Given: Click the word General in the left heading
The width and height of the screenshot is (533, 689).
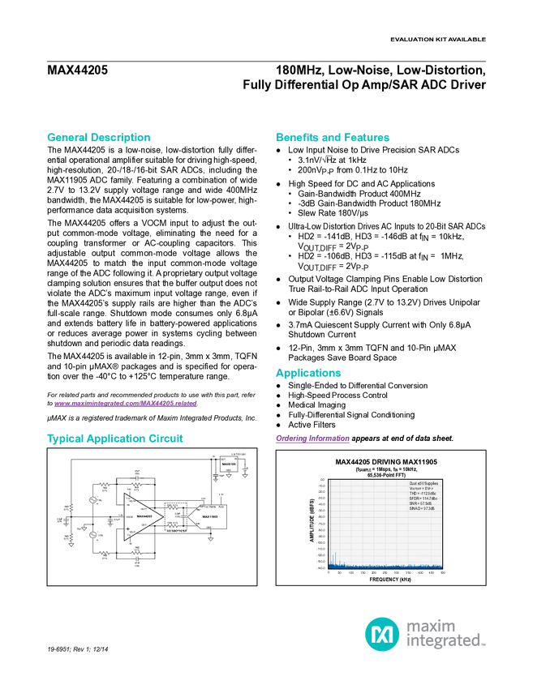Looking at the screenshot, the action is (x=66, y=138).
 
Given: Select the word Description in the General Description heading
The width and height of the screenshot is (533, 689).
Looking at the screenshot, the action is (x=121, y=138).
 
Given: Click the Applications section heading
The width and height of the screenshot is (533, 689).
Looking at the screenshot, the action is (x=308, y=374).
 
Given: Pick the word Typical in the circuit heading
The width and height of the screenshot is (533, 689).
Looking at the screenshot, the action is (x=61, y=439).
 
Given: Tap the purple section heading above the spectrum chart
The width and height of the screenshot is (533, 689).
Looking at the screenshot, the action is (x=312, y=439).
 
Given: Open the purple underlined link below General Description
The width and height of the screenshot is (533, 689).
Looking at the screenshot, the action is (x=126, y=403).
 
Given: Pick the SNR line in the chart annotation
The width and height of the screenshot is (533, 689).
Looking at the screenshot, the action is (x=420, y=503).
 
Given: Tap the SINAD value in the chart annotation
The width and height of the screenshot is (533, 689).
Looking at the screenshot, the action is (x=422, y=508).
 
